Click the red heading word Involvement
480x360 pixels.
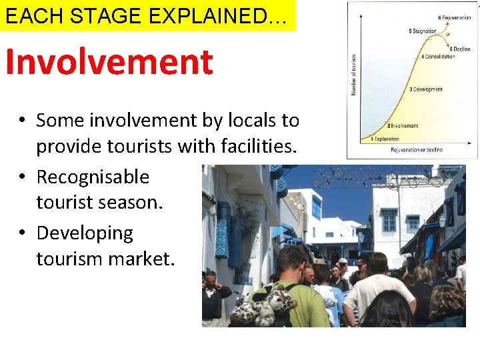[109, 63]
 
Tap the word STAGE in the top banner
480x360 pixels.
[113, 17]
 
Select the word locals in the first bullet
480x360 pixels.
[247, 121]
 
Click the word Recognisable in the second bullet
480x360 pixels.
[93, 177]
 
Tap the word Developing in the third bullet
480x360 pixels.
[85, 233]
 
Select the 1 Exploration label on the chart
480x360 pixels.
[381, 139]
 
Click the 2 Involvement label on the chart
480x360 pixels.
[403, 125]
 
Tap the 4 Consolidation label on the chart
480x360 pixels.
[438, 57]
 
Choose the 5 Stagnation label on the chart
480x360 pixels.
[422, 31]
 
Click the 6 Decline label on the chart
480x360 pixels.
[459, 49]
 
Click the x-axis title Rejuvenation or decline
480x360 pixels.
[417, 150]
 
